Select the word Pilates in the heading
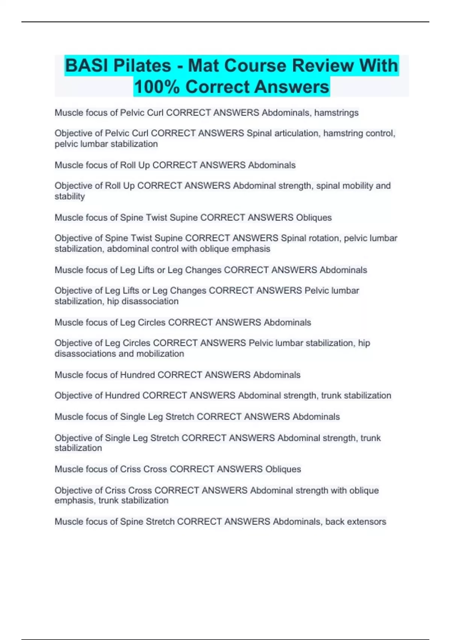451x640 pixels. [x=142, y=66]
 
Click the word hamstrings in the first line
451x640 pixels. [x=336, y=113]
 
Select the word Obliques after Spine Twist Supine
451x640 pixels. [x=314, y=218]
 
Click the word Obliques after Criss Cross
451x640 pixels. [x=283, y=469]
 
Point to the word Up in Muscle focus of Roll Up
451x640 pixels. [x=144, y=165]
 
